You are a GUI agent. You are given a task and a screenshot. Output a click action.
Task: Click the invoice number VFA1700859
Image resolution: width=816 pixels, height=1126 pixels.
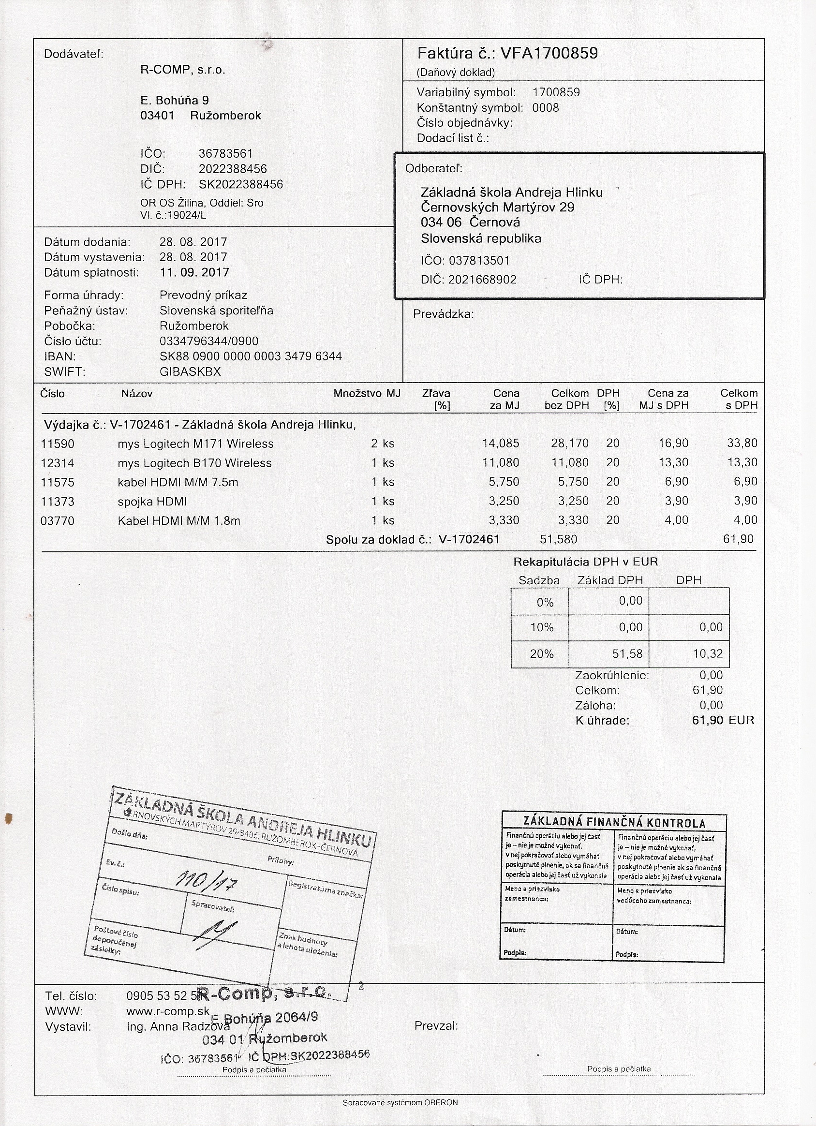point(549,53)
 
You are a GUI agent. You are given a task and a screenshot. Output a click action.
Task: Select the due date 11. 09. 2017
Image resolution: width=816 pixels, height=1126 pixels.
point(194,273)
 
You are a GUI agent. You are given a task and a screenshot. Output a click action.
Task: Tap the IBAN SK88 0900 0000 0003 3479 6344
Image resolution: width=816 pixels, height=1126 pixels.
point(251,356)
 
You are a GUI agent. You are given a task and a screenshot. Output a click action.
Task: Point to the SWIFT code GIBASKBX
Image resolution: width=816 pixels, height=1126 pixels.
point(190,372)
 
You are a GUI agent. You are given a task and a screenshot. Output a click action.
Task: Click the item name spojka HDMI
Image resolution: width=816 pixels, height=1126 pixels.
point(152,502)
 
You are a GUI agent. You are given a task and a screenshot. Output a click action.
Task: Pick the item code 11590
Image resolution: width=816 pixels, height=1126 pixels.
point(58,444)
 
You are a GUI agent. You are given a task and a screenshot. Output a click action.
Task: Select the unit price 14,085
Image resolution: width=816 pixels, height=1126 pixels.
point(501,443)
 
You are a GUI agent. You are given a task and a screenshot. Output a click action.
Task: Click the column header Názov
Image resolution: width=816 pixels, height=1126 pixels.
point(137,394)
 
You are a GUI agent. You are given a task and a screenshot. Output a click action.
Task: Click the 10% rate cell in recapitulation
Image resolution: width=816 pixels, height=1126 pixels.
point(542,627)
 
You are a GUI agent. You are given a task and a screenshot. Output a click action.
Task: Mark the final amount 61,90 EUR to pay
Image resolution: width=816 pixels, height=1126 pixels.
point(722,720)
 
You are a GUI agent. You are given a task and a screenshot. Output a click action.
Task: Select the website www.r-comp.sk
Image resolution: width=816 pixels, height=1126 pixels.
point(168,1012)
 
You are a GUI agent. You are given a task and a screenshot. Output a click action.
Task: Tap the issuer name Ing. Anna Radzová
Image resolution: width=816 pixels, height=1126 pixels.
point(178,1027)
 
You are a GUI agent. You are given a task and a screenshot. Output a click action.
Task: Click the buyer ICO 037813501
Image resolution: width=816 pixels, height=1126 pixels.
point(479,261)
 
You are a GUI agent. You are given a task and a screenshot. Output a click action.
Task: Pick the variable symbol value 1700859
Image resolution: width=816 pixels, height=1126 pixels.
point(556,92)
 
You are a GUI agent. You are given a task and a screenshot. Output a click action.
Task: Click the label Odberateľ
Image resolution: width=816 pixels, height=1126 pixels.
point(433,168)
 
